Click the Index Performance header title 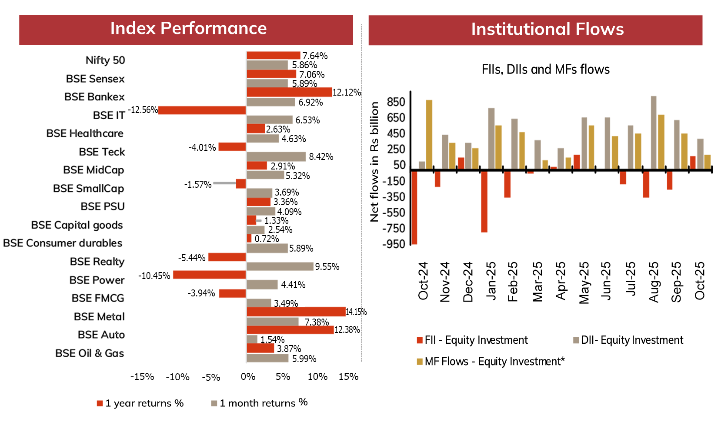pyautogui.click(x=188, y=29)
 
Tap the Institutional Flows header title pyautogui.click(x=547, y=30)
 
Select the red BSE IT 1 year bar pyautogui.click(x=202, y=110)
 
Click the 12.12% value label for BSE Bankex pyautogui.click(x=347, y=93)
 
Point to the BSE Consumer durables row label pyautogui.click(x=63, y=243)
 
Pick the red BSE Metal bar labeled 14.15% pyautogui.click(x=296, y=312)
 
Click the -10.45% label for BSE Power pyautogui.click(x=154, y=276)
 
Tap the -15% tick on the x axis pyautogui.click(x=142, y=377)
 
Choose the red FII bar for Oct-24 pyautogui.click(x=414, y=207)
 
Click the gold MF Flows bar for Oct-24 pyautogui.click(x=429, y=135)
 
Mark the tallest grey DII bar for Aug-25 pyautogui.click(x=654, y=133)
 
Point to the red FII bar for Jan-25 pyautogui.click(x=484, y=201)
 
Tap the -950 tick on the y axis pyautogui.click(x=394, y=244)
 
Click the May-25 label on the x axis pyautogui.click(x=584, y=282)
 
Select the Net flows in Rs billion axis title pyautogui.click(x=374, y=162)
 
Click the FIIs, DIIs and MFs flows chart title pyautogui.click(x=545, y=70)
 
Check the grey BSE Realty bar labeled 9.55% pyautogui.click(x=280, y=266)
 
